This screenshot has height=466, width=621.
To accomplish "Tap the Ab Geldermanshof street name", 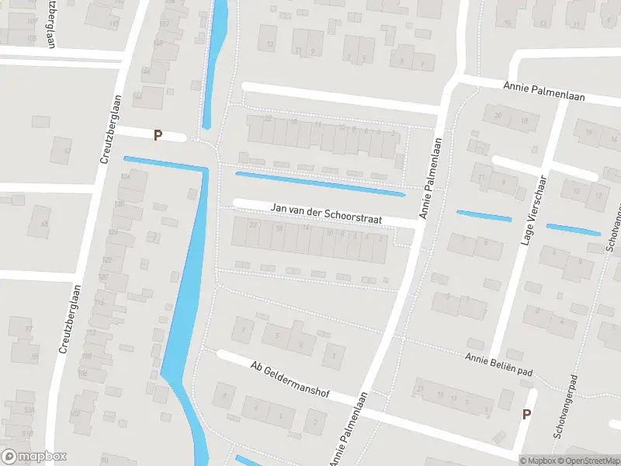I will [290, 380].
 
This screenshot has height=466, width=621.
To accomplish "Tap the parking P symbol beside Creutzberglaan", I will [158, 135].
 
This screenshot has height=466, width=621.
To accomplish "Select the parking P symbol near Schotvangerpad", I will [526, 414].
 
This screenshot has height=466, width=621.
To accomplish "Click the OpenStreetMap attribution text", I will [588, 461].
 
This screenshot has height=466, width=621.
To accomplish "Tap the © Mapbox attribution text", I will [539, 461].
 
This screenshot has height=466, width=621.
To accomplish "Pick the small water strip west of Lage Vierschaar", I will [484, 216].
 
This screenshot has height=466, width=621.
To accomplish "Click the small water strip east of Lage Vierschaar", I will [573, 229].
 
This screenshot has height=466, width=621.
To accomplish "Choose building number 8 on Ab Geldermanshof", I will [226, 397].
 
